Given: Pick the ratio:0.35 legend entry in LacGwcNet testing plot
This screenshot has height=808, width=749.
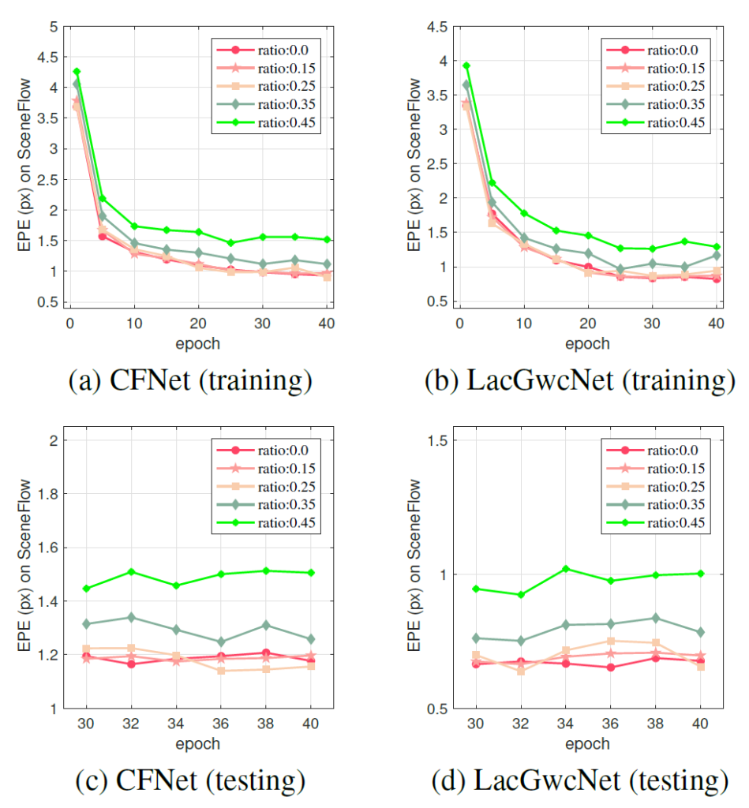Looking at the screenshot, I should pyautogui.click(x=650, y=505).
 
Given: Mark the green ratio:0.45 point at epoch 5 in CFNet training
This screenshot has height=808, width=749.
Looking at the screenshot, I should pyautogui.click(x=102, y=198).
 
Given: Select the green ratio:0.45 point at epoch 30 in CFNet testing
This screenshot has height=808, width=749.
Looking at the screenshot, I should pyautogui.click(x=86, y=589).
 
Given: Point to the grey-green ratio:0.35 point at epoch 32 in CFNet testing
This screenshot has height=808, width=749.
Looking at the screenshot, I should pyautogui.click(x=131, y=617).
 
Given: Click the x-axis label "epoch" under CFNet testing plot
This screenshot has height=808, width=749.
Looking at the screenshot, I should pyautogui.click(x=197, y=743).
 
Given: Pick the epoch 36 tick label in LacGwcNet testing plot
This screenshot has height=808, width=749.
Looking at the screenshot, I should pyautogui.click(x=610, y=724).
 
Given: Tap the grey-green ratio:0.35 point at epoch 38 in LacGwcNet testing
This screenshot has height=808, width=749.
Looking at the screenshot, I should pyautogui.click(x=655, y=618).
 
